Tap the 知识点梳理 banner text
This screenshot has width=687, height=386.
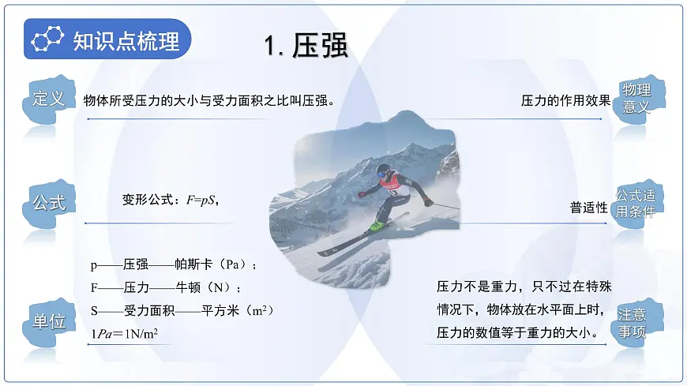(126, 40)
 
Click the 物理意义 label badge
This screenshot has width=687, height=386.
(636, 98)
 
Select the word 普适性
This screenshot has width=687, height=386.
(589, 208)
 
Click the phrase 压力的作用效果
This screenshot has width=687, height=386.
(565, 100)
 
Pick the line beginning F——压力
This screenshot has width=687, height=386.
(167, 287)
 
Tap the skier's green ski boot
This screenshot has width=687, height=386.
(377, 226)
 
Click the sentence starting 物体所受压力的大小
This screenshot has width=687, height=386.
(210, 100)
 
